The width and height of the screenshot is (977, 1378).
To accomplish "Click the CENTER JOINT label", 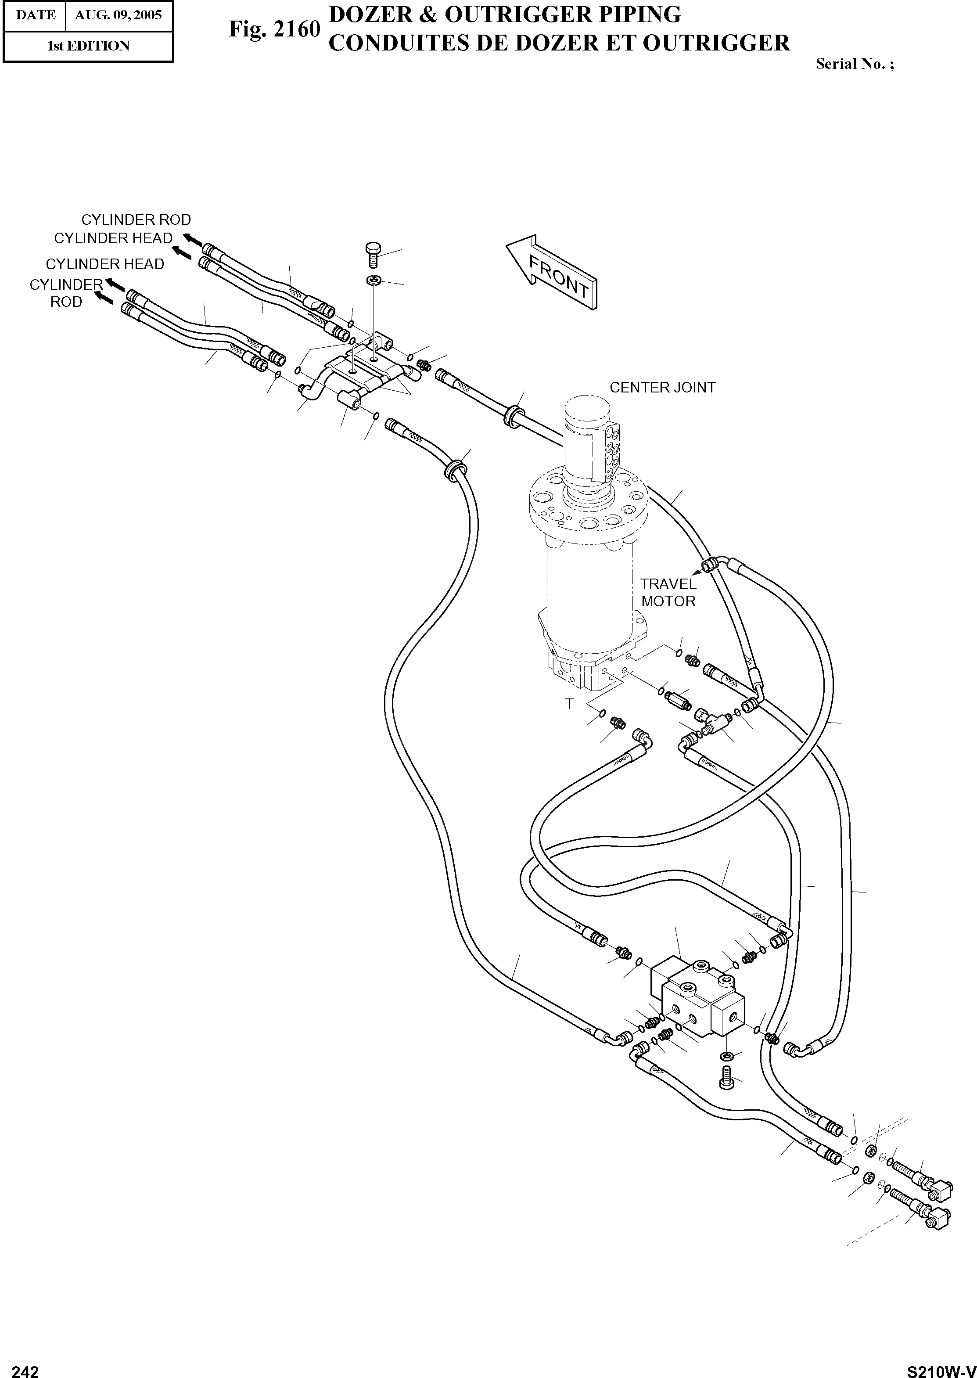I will tap(662, 388).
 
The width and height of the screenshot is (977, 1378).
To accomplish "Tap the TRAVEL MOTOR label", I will tap(668, 592).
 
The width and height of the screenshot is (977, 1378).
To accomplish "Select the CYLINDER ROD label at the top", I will tap(136, 220).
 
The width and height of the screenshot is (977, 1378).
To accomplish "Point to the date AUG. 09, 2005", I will tap(118, 15).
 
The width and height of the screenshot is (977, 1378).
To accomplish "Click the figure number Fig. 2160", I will tap(274, 29).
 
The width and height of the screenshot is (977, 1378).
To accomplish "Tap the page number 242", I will tap(25, 1367).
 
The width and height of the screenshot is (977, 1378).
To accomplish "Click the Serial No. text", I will tap(854, 65).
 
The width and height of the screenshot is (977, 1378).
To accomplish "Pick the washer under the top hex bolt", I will tap(373, 281).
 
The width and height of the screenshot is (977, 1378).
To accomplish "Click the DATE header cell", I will tap(35, 15).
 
